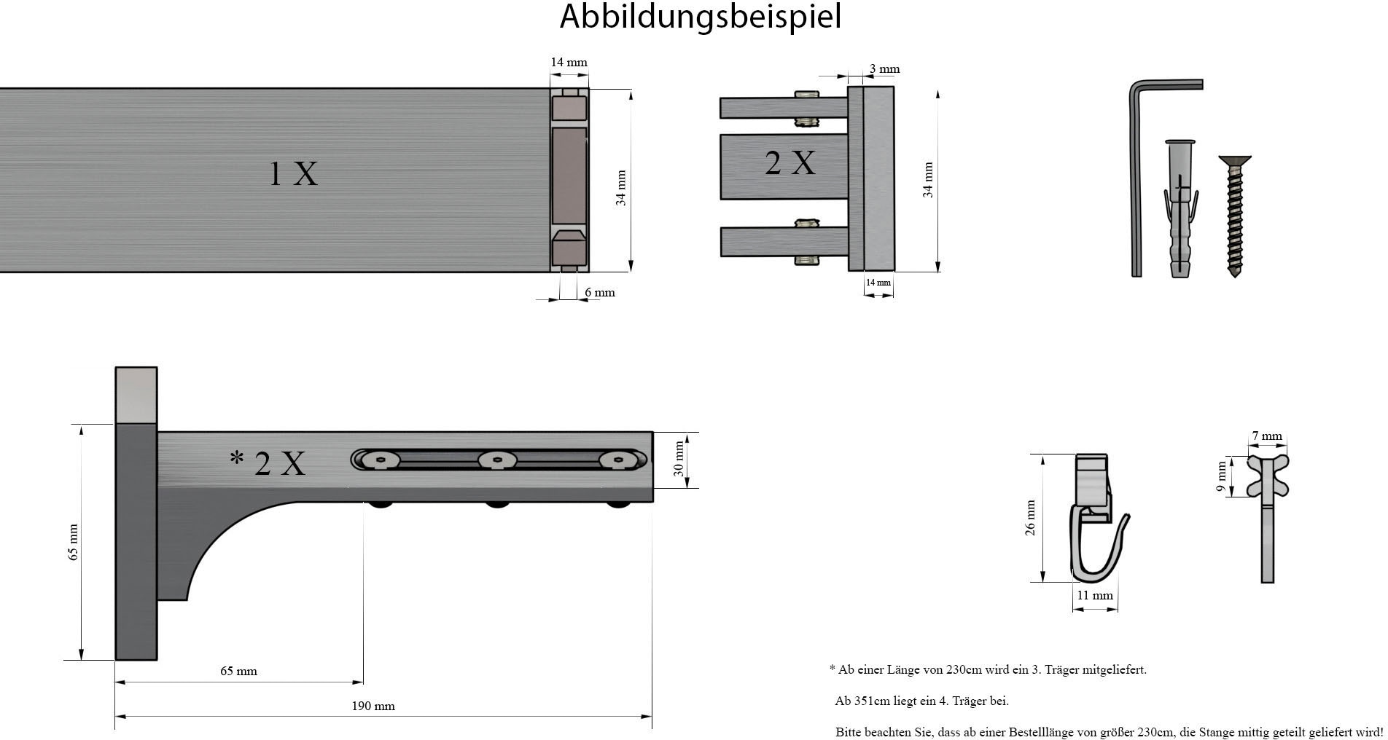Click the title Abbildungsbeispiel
coord(700,16)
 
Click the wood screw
coord(1234,215)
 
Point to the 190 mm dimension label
coord(373,706)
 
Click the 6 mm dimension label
coord(599,293)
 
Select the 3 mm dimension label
coord(884,69)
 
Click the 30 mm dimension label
coord(679,459)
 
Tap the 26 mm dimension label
coord(1031,518)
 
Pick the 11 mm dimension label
coord(1095,595)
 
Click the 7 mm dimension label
coord(1267,436)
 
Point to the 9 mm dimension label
coord(1222,476)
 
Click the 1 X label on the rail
coord(294,173)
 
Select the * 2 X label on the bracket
coord(268,462)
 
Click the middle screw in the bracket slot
coord(497,460)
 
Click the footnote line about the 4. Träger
coord(921,701)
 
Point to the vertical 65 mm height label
coord(73,542)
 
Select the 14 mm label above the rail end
coord(569,63)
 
